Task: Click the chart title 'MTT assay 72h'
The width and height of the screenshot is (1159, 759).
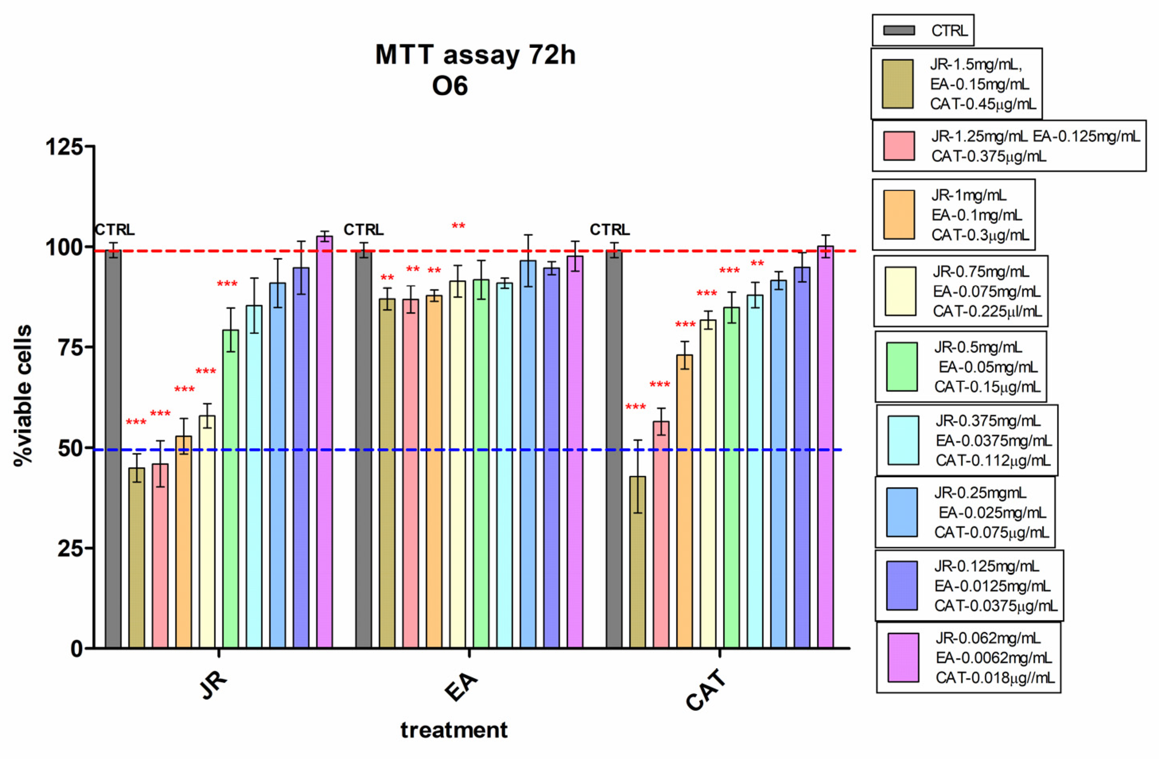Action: (x=475, y=54)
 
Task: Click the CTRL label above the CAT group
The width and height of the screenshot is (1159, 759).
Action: (x=610, y=230)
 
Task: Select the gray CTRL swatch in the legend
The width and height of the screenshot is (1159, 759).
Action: (x=899, y=31)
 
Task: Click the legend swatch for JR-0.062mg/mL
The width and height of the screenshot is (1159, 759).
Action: (x=903, y=657)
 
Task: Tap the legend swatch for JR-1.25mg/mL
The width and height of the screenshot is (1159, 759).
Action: (x=899, y=146)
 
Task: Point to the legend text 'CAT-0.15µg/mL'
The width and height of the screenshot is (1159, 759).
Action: (x=987, y=387)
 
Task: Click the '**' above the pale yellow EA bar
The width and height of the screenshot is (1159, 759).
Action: (x=458, y=226)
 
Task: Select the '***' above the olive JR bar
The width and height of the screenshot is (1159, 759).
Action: (x=136, y=422)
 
